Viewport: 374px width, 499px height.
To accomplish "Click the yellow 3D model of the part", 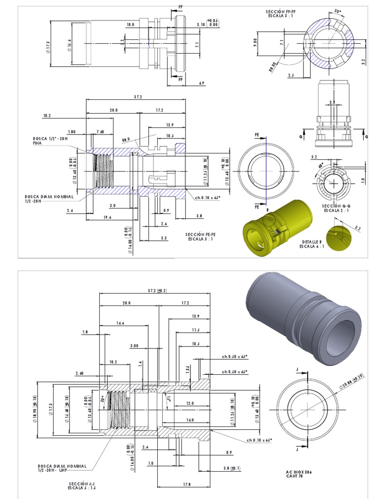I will coord(277,226).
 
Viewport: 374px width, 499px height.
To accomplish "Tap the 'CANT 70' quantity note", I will coord(295,477).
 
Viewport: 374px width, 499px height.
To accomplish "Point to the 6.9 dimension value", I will coord(202,84).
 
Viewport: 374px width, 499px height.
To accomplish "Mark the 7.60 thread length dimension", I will coord(100,132).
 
